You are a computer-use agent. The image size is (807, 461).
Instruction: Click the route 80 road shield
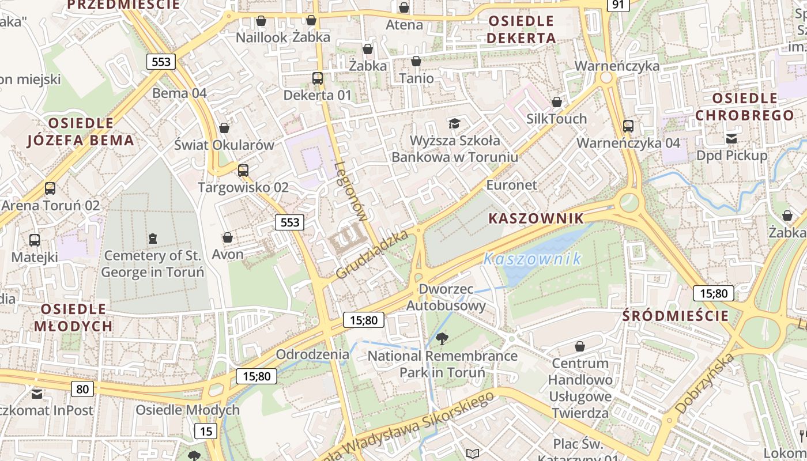pos(82,389)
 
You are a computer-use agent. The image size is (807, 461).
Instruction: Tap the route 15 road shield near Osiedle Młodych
pos(206,430)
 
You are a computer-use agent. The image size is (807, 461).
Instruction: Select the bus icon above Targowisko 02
pos(243,171)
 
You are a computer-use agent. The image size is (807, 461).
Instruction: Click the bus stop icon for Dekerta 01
pos(317,78)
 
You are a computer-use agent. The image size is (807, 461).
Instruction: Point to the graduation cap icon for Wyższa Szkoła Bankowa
pos(455,123)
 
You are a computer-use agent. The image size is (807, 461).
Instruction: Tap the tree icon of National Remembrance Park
pos(442,339)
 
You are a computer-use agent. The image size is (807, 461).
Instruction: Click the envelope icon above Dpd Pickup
pos(731,138)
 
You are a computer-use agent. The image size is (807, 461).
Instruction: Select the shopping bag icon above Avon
pos(228,237)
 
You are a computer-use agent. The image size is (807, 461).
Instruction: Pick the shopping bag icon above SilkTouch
pos(557,102)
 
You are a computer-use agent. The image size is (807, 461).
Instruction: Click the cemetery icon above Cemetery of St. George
pos(153,238)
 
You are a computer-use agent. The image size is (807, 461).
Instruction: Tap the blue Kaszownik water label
pos(533,259)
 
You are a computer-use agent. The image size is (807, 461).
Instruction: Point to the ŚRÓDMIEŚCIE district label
pos(676,316)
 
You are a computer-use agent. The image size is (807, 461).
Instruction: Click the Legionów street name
pos(350,192)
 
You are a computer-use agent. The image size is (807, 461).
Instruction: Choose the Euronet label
pos(511,185)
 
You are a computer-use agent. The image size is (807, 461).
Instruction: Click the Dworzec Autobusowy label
pos(446,297)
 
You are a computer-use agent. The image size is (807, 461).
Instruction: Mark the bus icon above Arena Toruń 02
pos(50,188)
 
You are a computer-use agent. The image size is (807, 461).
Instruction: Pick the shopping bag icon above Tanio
pos(416,61)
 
